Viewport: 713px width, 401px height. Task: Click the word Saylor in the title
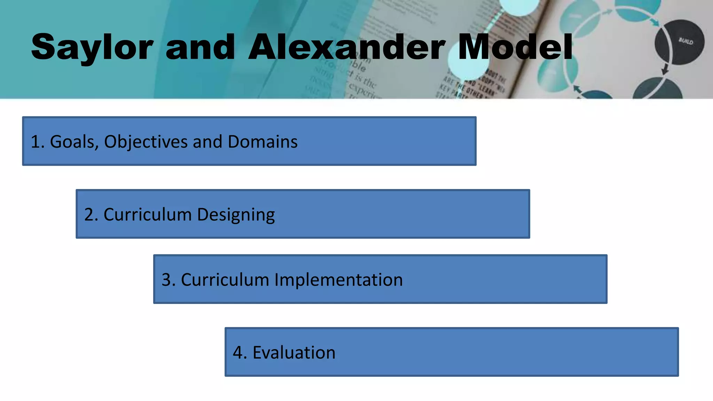click(92, 47)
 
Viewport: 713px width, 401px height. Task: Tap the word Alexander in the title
click(346, 47)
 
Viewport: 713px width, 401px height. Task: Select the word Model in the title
click(515, 47)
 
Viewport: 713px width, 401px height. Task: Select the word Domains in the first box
click(263, 142)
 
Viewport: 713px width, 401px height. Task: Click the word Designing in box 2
click(236, 215)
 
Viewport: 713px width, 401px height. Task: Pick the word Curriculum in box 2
click(148, 215)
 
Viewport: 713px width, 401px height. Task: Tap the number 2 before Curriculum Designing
click(89, 215)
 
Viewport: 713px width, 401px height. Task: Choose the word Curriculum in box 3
click(225, 280)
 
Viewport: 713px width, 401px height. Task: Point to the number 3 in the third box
click(166, 280)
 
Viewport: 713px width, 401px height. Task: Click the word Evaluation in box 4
click(294, 353)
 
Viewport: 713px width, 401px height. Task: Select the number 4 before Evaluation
click(238, 353)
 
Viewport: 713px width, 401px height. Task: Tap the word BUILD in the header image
click(685, 41)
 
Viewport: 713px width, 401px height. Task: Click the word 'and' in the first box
click(207, 142)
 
